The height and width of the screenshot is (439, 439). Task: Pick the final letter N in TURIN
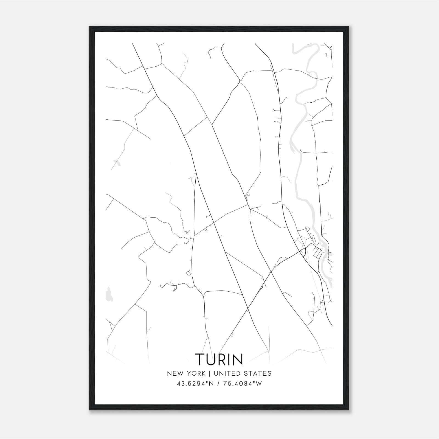pos(238,359)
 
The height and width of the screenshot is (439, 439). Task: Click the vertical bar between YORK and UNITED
pos(209,373)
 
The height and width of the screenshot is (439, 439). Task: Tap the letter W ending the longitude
pos(259,384)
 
